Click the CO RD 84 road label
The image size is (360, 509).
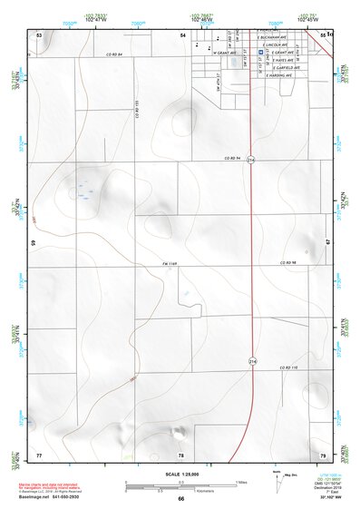(112, 55)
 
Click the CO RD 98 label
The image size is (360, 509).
(288, 262)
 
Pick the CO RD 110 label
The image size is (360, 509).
(288, 367)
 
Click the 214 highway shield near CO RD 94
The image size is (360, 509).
(250, 161)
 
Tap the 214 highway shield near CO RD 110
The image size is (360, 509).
(250, 360)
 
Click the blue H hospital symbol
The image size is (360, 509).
(261, 53)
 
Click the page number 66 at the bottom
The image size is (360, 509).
(180, 498)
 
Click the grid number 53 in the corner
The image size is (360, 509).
(39, 34)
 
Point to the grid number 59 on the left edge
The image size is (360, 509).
(34, 243)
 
